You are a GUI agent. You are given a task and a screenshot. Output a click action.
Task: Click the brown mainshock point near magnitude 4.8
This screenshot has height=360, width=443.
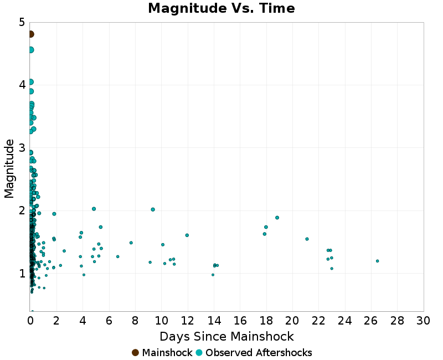click(x=31, y=34)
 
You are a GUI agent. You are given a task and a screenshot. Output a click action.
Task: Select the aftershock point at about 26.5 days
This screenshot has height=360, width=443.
click(x=377, y=261)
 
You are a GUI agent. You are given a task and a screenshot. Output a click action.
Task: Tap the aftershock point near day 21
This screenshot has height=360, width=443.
click(x=307, y=239)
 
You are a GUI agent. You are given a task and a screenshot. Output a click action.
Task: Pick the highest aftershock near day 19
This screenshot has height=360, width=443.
click(x=277, y=218)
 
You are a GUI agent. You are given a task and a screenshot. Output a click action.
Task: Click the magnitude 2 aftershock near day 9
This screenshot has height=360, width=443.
click(x=153, y=209)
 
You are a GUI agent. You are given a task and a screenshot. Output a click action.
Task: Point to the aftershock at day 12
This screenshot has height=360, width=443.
click(x=187, y=235)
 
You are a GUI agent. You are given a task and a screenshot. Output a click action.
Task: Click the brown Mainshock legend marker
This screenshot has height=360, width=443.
click(x=135, y=353)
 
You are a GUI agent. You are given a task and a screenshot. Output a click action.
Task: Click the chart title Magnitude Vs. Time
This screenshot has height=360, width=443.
click(x=221, y=8)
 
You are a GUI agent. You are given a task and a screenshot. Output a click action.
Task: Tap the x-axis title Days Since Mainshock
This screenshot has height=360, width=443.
click(x=226, y=336)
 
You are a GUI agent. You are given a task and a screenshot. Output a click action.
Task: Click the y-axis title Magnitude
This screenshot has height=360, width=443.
click(x=9, y=168)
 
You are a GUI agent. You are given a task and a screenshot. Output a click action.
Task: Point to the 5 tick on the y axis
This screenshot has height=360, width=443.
click(x=22, y=22)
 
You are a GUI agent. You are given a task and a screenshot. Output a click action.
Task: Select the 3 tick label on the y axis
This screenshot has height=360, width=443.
click(x=22, y=148)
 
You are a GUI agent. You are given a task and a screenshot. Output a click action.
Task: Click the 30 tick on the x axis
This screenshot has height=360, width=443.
click(x=424, y=321)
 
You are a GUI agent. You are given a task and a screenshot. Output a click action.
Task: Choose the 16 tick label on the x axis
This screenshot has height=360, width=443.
click(x=240, y=321)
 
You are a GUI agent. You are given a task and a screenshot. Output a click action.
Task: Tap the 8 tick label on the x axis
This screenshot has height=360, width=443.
click(x=136, y=321)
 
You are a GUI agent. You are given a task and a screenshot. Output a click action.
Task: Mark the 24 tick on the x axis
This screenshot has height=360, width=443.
click(x=345, y=321)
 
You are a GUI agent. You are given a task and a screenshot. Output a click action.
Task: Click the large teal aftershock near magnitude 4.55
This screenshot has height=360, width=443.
click(x=31, y=50)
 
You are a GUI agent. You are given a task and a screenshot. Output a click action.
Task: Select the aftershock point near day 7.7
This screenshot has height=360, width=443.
click(x=131, y=243)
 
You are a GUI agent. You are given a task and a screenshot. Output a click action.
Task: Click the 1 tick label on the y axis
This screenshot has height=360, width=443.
click(x=22, y=273)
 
